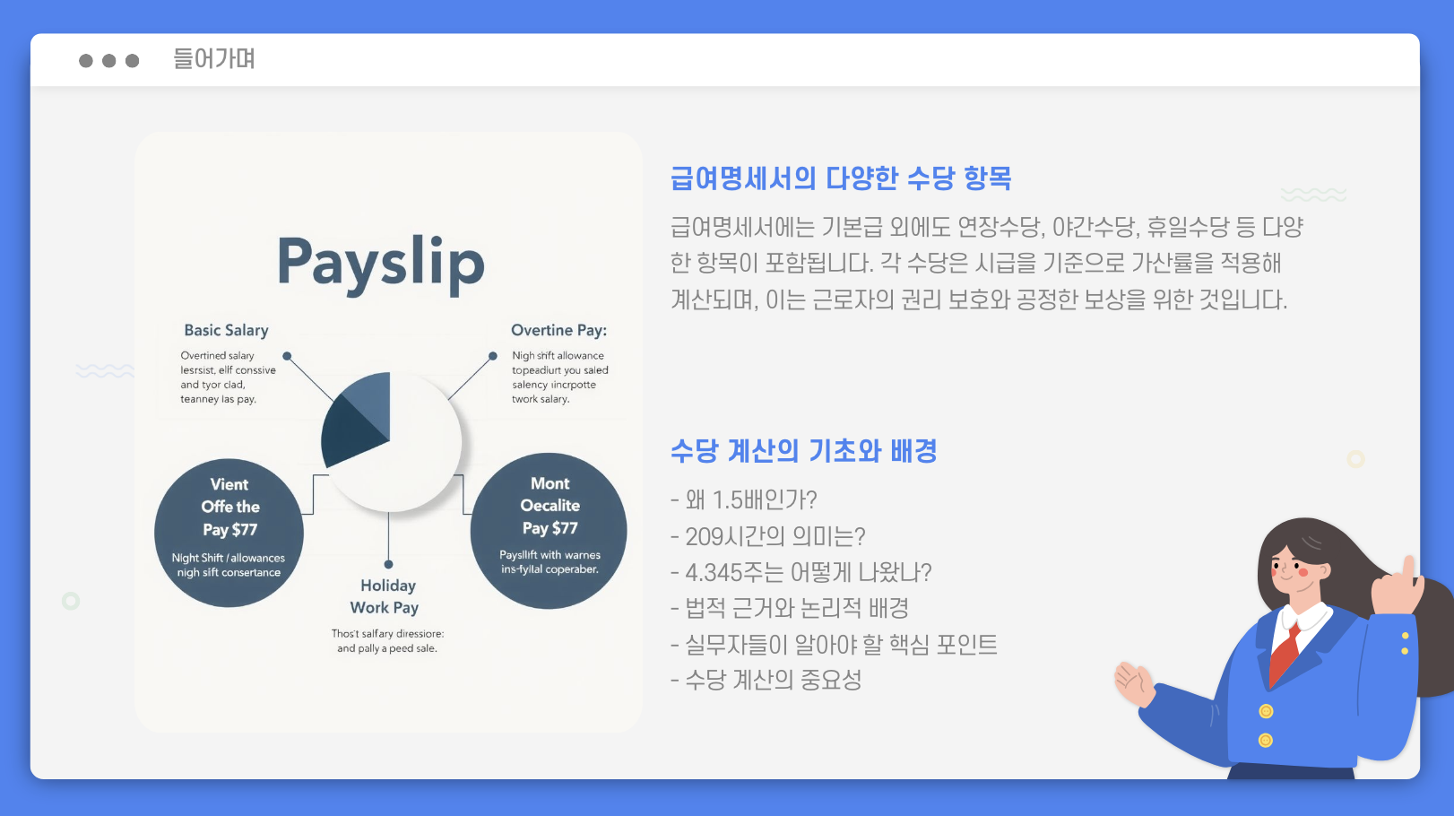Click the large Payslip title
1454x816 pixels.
[x=381, y=263]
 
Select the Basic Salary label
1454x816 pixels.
[x=226, y=330]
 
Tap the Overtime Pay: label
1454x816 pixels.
[x=558, y=330]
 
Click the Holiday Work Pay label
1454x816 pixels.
[x=386, y=596]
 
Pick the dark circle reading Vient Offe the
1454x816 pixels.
[x=229, y=533]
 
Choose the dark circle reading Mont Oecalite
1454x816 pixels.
[x=549, y=531]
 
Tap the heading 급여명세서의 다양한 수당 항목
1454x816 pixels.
[x=841, y=178]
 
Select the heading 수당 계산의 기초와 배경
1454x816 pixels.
[x=803, y=450]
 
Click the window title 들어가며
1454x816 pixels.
[x=214, y=59]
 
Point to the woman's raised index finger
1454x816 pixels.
[x=1409, y=569]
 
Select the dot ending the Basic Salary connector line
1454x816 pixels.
[x=287, y=356]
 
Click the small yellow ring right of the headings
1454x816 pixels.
[x=1355, y=459]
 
